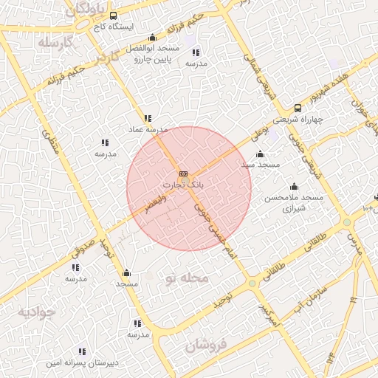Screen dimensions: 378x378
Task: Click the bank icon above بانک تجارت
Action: pyautogui.click(x=183, y=173)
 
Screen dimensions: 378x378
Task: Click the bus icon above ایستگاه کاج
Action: pyautogui.click(x=112, y=15)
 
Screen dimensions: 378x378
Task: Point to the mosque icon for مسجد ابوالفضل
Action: pyautogui.click(x=153, y=38)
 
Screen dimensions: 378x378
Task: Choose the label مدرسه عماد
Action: pyautogui.click(x=149, y=128)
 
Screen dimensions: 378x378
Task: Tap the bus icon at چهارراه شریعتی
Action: pyautogui.click(x=298, y=108)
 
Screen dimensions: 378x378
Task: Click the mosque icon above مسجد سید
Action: pyautogui.click(x=260, y=154)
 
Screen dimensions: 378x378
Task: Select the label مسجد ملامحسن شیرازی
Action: pyautogui.click(x=295, y=203)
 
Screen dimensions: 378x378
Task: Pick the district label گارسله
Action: pyautogui.click(x=58, y=42)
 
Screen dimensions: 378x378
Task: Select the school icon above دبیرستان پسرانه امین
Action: pyautogui.click(x=82, y=351)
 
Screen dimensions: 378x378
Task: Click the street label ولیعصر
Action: pyautogui.click(x=156, y=205)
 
